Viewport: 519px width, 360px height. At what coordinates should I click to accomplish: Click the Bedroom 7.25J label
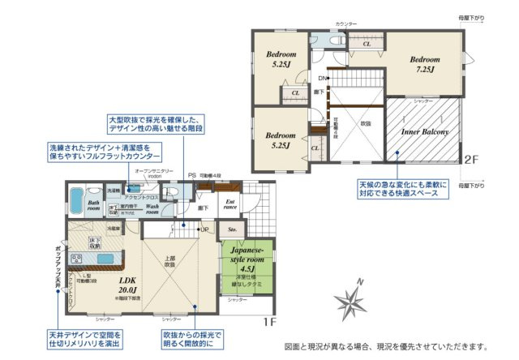pos(424,64)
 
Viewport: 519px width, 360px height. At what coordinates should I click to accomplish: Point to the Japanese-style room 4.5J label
pos(245,261)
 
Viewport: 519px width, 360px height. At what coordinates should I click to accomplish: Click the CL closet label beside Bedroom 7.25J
pos(367,45)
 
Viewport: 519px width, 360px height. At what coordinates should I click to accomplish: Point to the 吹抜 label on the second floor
pos(365,123)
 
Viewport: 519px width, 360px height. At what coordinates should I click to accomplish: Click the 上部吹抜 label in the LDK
pos(169,262)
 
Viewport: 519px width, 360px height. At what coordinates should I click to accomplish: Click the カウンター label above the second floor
pos(347,25)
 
